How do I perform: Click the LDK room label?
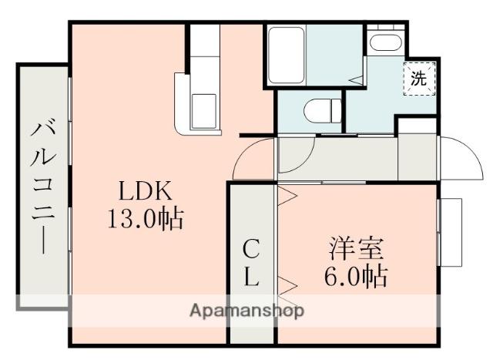click(143, 190)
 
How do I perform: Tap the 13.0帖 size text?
click(145, 220)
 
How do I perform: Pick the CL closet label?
click(251, 262)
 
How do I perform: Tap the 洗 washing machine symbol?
click(419, 78)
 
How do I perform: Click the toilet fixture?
click(322, 111)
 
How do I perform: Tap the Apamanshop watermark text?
click(247, 311)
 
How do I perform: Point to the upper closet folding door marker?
click(287, 196)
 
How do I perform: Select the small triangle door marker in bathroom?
click(356, 78)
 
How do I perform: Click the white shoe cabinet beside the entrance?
click(418, 157)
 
